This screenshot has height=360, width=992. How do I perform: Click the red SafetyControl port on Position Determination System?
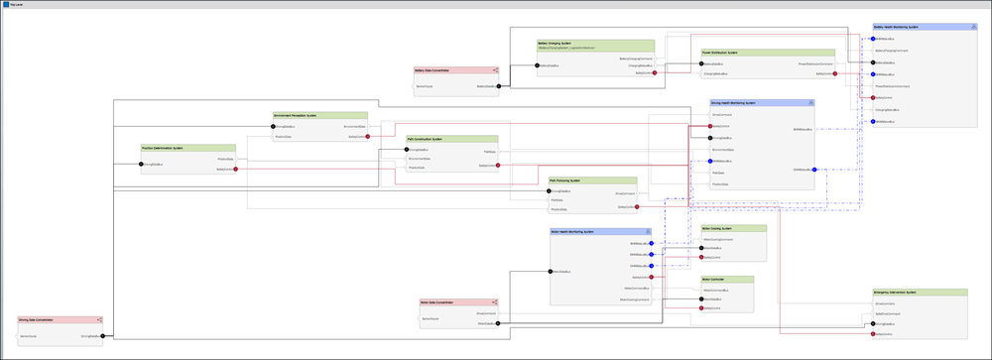point(235,170)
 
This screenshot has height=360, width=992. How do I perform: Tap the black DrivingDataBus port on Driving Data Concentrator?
point(102,336)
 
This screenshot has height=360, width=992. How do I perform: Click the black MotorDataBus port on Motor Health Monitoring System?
point(552,271)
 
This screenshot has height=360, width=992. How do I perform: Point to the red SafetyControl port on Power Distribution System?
point(835,73)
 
